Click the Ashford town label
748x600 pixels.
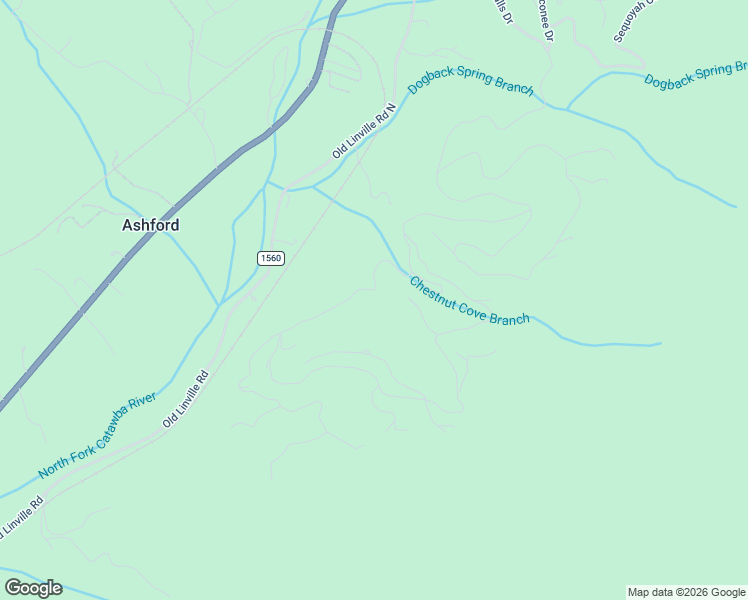click(151, 225)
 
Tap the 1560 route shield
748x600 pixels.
click(271, 258)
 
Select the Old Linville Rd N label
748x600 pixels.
click(365, 131)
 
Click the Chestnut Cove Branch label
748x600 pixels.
click(469, 301)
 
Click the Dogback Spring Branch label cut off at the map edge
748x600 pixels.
click(696, 74)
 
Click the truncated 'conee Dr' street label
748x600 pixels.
click(543, 19)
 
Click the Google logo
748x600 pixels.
click(34, 588)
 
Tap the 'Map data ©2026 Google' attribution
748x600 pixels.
click(686, 592)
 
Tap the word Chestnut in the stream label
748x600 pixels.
click(432, 291)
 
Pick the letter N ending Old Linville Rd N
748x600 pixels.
click(391, 107)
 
